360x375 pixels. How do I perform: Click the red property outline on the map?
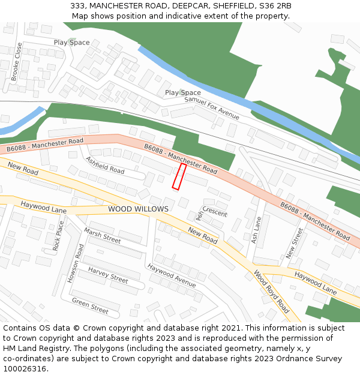(x=179, y=177)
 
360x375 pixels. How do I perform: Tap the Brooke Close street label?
(x=16, y=61)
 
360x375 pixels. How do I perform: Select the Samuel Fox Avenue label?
(x=212, y=108)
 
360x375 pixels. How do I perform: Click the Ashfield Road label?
(x=105, y=166)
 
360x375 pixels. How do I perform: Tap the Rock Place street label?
(x=58, y=235)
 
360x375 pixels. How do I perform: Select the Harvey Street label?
(x=108, y=275)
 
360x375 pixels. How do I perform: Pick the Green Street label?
(x=90, y=305)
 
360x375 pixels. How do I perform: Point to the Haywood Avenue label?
(x=172, y=275)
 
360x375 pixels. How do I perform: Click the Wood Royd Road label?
(x=271, y=292)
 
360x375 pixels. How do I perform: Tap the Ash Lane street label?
(x=257, y=230)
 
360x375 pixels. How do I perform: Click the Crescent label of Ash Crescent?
(x=215, y=212)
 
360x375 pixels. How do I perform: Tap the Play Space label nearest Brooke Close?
(x=71, y=43)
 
